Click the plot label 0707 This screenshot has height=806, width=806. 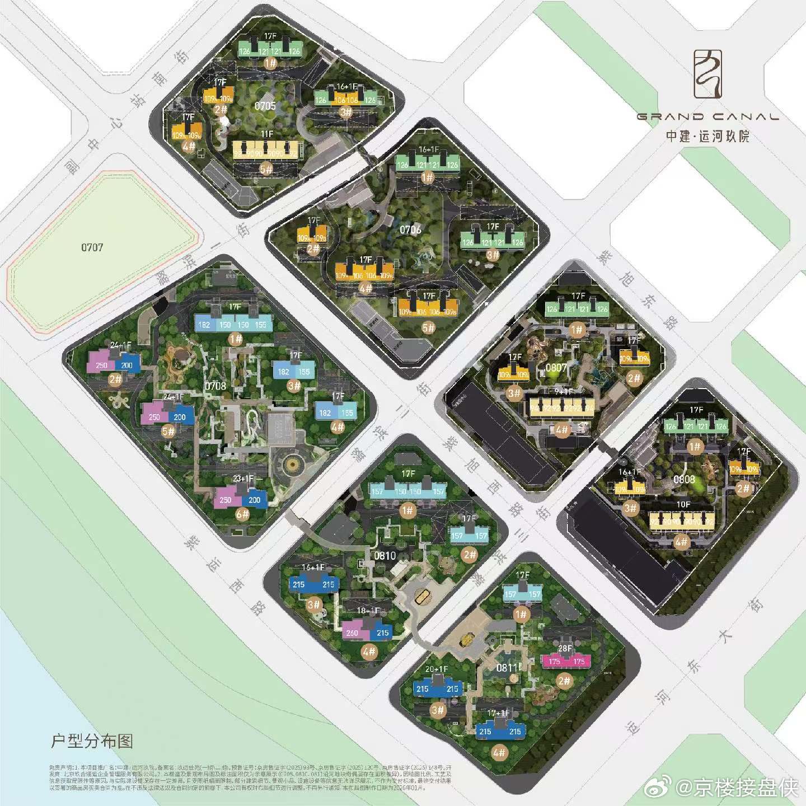pos(92,247)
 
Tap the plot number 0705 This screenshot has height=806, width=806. pos(265,106)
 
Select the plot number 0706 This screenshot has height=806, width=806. pos(410,229)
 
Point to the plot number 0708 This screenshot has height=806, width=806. pos(215,386)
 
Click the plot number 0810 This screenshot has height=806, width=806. pos(385,555)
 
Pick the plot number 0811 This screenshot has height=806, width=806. pos(507,668)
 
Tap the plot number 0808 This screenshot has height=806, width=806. pos(684,479)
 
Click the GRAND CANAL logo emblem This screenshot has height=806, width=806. pos(707,74)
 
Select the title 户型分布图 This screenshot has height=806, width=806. pos(92,741)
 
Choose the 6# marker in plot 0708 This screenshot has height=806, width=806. pos(242,513)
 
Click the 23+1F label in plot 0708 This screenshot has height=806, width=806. pos(243,479)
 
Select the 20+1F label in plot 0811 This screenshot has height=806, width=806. pos(437,669)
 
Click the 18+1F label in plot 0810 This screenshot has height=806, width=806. pos(368,610)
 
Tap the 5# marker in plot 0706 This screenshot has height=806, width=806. pos(428,327)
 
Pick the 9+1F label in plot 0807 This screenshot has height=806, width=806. pos(564,392)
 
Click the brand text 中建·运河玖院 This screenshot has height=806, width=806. pos(707,136)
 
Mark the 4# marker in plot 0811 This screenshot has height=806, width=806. pos(499,752)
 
